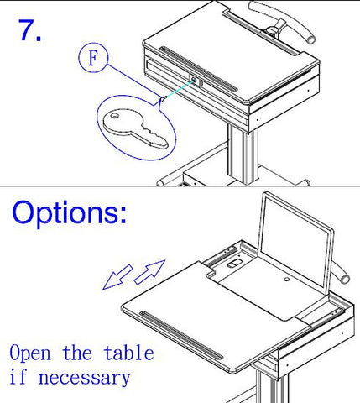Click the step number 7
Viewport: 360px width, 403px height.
[29, 30]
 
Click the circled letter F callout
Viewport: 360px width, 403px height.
[93, 57]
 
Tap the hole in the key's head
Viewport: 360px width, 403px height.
[114, 115]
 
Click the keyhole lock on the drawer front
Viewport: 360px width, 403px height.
[196, 81]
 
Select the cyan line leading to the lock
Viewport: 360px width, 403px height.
[180, 89]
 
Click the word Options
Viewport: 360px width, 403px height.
[69, 212]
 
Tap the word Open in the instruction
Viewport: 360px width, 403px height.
[30, 353]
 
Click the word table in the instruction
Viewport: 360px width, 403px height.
[128, 353]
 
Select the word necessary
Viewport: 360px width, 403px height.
[85, 378]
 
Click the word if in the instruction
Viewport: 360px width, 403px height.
[18, 376]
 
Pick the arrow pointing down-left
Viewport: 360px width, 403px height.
[117, 276]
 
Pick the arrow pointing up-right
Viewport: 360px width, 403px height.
[149, 272]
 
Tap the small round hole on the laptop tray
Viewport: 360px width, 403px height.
[286, 280]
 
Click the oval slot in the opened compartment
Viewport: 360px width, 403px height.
[234, 264]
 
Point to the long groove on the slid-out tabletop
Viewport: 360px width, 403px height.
[181, 335]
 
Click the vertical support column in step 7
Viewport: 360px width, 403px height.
[243, 154]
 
